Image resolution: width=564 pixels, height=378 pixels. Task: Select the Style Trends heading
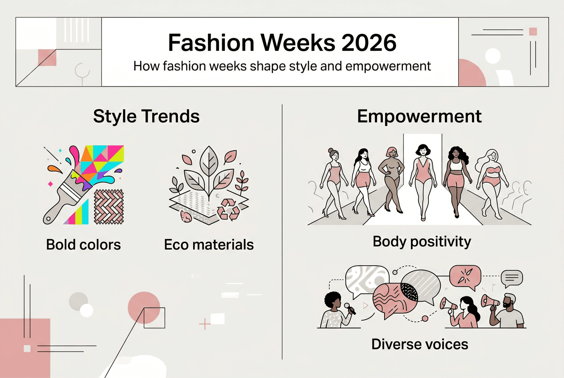click(146, 116)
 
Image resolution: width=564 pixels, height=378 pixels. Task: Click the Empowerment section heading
click(419, 116)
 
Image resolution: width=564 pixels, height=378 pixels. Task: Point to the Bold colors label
click(83, 244)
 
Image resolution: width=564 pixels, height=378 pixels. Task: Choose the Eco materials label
click(209, 244)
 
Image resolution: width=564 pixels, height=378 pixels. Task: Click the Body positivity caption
click(422, 242)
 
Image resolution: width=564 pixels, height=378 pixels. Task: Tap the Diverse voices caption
click(420, 344)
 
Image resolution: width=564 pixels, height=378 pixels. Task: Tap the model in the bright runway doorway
click(422, 181)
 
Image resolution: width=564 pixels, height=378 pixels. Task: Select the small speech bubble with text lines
click(511, 279)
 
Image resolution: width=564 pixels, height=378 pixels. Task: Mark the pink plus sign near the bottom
click(204, 324)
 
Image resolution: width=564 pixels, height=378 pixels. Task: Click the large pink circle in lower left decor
click(144, 307)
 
